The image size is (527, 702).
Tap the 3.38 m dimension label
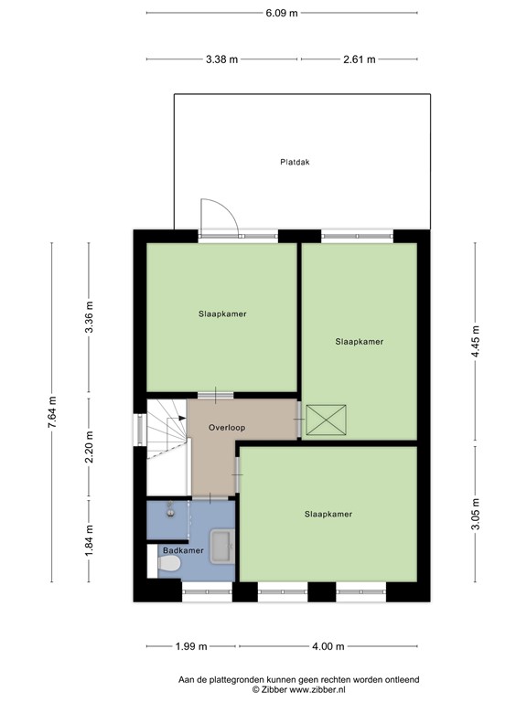[221, 59]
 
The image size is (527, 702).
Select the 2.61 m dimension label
[360, 59]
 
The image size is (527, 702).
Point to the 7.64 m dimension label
[52, 412]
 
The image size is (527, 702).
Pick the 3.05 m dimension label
[475, 512]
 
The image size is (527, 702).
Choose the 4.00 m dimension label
[328, 646]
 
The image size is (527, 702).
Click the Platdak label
[295, 162]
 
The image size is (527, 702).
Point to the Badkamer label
[183, 550]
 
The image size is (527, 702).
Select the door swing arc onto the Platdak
[220, 216]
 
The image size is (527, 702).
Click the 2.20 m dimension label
[89, 446]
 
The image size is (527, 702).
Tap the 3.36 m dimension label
[89, 319]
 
